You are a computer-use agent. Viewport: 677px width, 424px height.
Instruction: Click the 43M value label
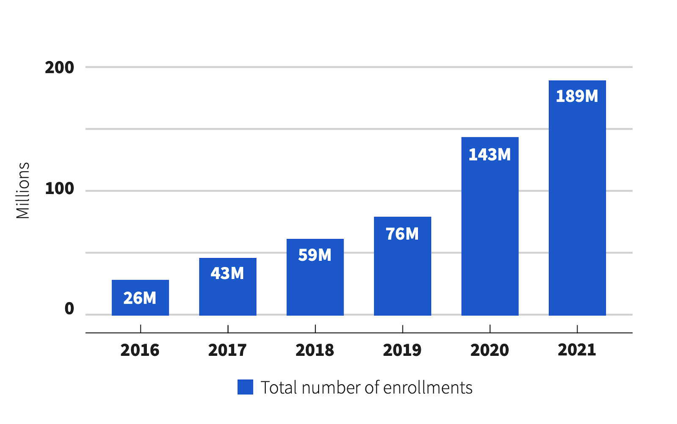(x=227, y=273)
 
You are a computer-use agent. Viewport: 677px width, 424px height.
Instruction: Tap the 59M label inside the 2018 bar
(x=315, y=255)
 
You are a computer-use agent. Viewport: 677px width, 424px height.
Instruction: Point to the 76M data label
(x=402, y=234)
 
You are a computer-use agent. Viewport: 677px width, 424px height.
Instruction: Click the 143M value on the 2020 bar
(x=490, y=155)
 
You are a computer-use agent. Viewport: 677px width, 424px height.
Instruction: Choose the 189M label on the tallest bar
(x=577, y=96)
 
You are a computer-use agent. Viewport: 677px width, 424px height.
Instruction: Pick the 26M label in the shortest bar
(x=140, y=298)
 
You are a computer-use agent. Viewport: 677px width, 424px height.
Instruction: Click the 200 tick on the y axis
(x=59, y=68)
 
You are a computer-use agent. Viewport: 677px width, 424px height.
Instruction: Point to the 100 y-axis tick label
(x=59, y=189)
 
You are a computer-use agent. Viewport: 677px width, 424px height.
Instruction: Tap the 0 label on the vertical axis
(x=69, y=309)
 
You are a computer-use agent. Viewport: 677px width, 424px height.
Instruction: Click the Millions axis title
(x=23, y=191)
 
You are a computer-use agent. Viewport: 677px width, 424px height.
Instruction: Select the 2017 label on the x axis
(x=227, y=350)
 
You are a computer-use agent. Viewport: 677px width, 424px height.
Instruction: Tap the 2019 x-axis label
(x=402, y=350)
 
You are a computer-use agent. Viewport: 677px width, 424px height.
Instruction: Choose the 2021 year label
(x=577, y=350)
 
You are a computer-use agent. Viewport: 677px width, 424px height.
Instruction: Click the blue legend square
(x=245, y=387)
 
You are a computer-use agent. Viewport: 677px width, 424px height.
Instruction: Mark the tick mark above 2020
(x=490, y=329)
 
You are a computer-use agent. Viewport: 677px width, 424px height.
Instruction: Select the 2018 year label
(x=315, y=350)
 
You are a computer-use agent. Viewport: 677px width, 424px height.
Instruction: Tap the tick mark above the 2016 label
(x=140, y=329)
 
